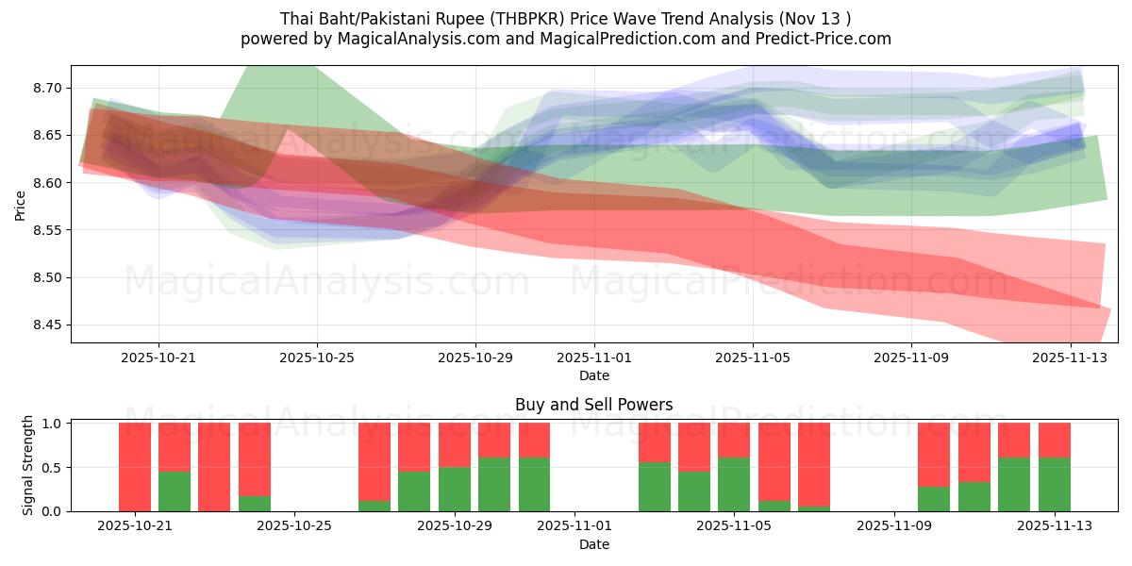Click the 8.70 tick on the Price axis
pos(47,88)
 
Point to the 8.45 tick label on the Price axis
pos(47,325)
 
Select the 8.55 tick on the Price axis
pos(47,230)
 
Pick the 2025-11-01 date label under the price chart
pos(594,358)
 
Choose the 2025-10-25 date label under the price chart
pos(317,358)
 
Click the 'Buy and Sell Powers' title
pos(593,405)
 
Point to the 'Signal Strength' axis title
pos(29,465)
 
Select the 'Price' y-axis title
pos(21,204)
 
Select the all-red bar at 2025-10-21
pos(135,467)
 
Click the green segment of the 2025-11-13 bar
pos(1055,484)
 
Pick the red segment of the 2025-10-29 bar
pos(455,444)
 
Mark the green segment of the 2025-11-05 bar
pos(734,484)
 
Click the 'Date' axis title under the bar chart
pos(593,544)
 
